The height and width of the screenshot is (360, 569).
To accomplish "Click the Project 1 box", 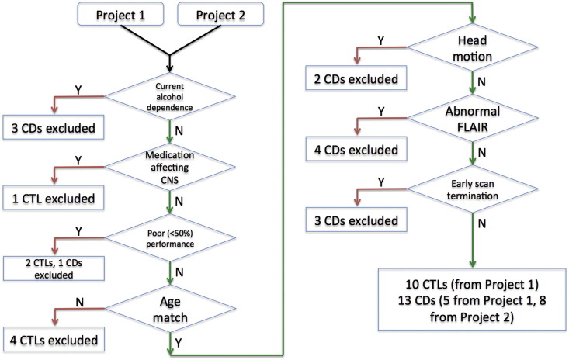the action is [120, 15].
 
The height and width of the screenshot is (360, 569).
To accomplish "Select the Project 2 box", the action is [220, 15].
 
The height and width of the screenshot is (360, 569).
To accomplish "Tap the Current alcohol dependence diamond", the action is [170, 97].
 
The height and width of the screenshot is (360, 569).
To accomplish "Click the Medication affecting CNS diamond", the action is [170, 167].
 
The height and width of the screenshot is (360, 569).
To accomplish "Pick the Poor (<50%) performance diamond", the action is [170, 238].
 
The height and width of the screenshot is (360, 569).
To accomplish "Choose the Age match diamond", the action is [170, 309].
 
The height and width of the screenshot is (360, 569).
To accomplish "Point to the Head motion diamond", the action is [473, 47].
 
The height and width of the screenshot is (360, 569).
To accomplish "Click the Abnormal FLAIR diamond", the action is [473, 118].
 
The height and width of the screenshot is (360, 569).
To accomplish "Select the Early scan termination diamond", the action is [473, 189].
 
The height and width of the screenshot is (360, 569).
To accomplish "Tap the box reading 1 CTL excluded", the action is [54, 198].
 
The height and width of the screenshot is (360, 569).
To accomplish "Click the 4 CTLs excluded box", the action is [54, 340].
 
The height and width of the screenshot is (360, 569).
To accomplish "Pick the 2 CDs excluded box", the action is [356, 78].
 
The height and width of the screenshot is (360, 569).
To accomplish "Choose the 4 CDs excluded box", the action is [356, 149].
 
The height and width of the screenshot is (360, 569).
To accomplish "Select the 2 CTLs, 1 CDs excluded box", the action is [54, 268].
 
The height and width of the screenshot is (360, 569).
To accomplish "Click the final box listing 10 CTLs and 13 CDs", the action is [472, 299].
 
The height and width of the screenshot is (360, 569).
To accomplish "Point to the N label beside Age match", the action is [79, 302].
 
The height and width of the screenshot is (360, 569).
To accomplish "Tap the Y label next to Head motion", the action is [380, 40].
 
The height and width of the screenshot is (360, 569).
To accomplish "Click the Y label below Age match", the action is [179, 343].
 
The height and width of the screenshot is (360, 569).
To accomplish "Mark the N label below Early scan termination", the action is [481, 223].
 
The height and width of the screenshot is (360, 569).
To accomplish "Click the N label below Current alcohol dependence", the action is [179, 130].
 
